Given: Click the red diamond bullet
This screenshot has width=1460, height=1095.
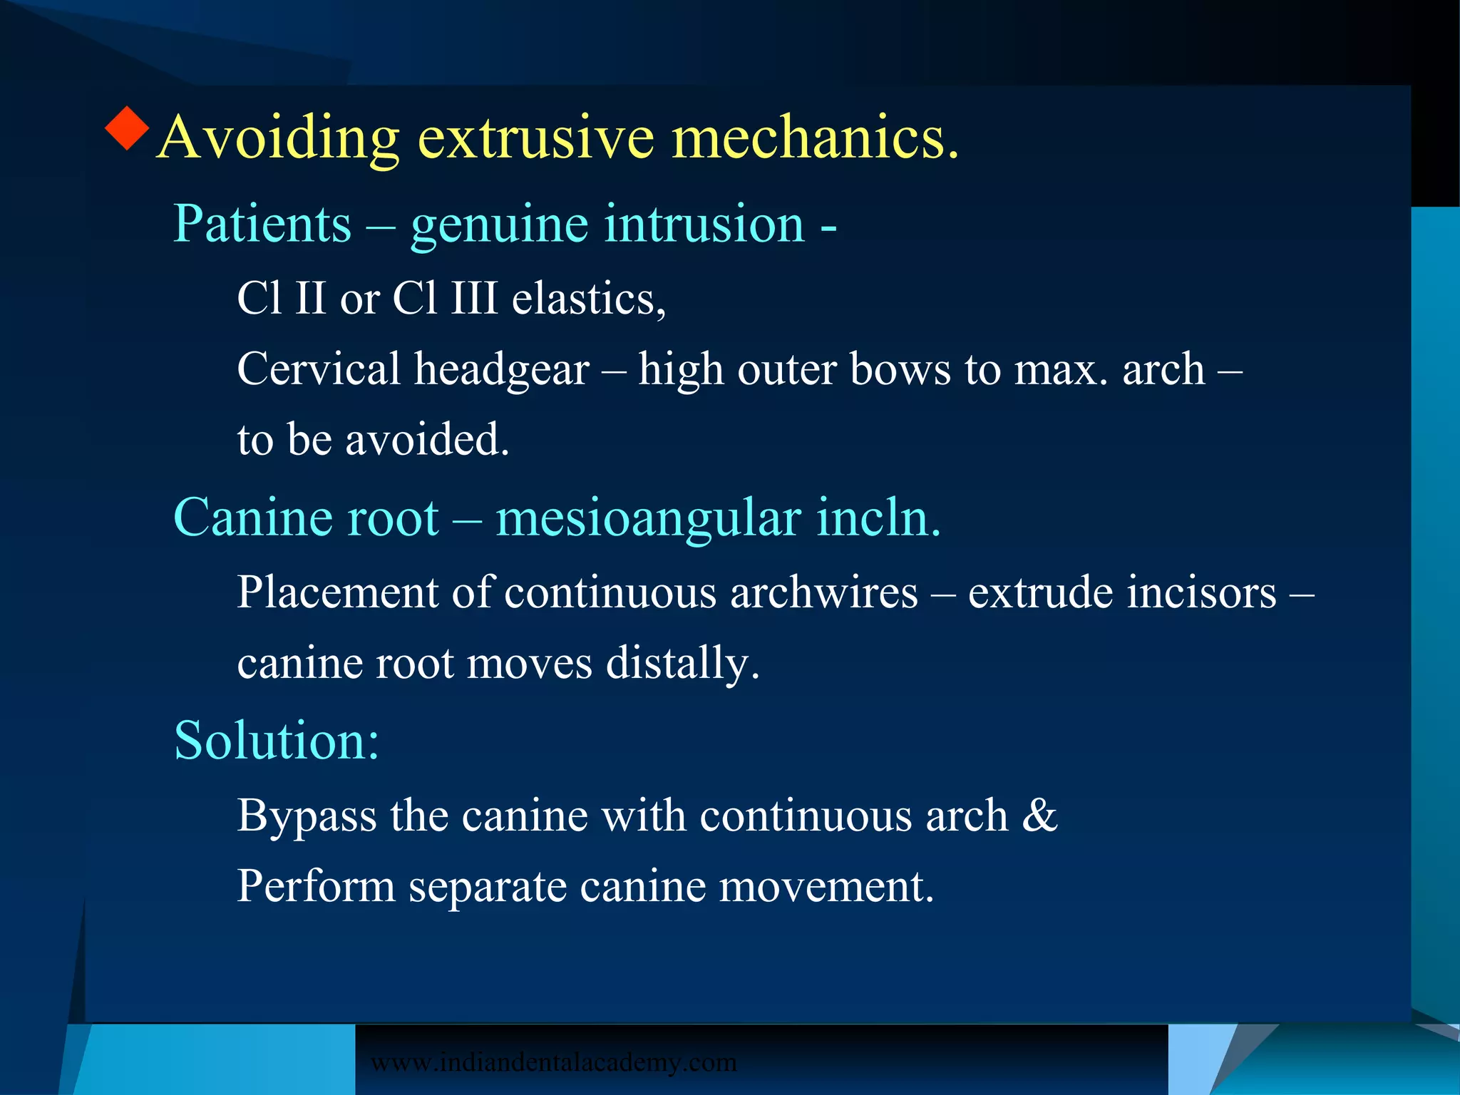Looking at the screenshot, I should point(127,128).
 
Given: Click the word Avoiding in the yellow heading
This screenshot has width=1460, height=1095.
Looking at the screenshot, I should point(278,137).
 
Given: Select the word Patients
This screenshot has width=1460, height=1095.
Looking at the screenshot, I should point(262,225).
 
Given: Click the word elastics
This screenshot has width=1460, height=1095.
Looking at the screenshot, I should point(589,299).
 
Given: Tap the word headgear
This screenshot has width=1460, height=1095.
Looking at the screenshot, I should point(502,371).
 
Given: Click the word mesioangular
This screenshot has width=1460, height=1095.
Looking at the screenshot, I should point(648,518).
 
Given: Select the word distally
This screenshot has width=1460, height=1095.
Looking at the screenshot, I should point(683,664).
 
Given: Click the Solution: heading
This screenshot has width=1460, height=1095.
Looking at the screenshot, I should point(277,741).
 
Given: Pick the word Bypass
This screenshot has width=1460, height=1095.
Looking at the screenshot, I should point(307,816).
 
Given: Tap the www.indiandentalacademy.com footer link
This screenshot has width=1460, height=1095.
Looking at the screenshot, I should point(554,1062).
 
